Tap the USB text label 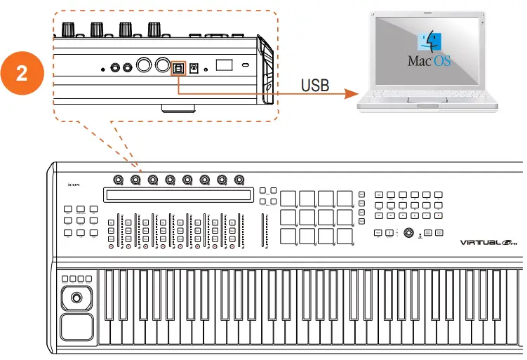315,86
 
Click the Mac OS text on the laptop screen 429,60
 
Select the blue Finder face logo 429,41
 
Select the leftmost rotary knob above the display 117,180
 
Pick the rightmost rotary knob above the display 239,180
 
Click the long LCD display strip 178,195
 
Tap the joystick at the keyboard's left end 75,298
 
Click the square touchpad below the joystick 75,328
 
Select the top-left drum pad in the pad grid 288,199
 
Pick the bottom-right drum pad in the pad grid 344,236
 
